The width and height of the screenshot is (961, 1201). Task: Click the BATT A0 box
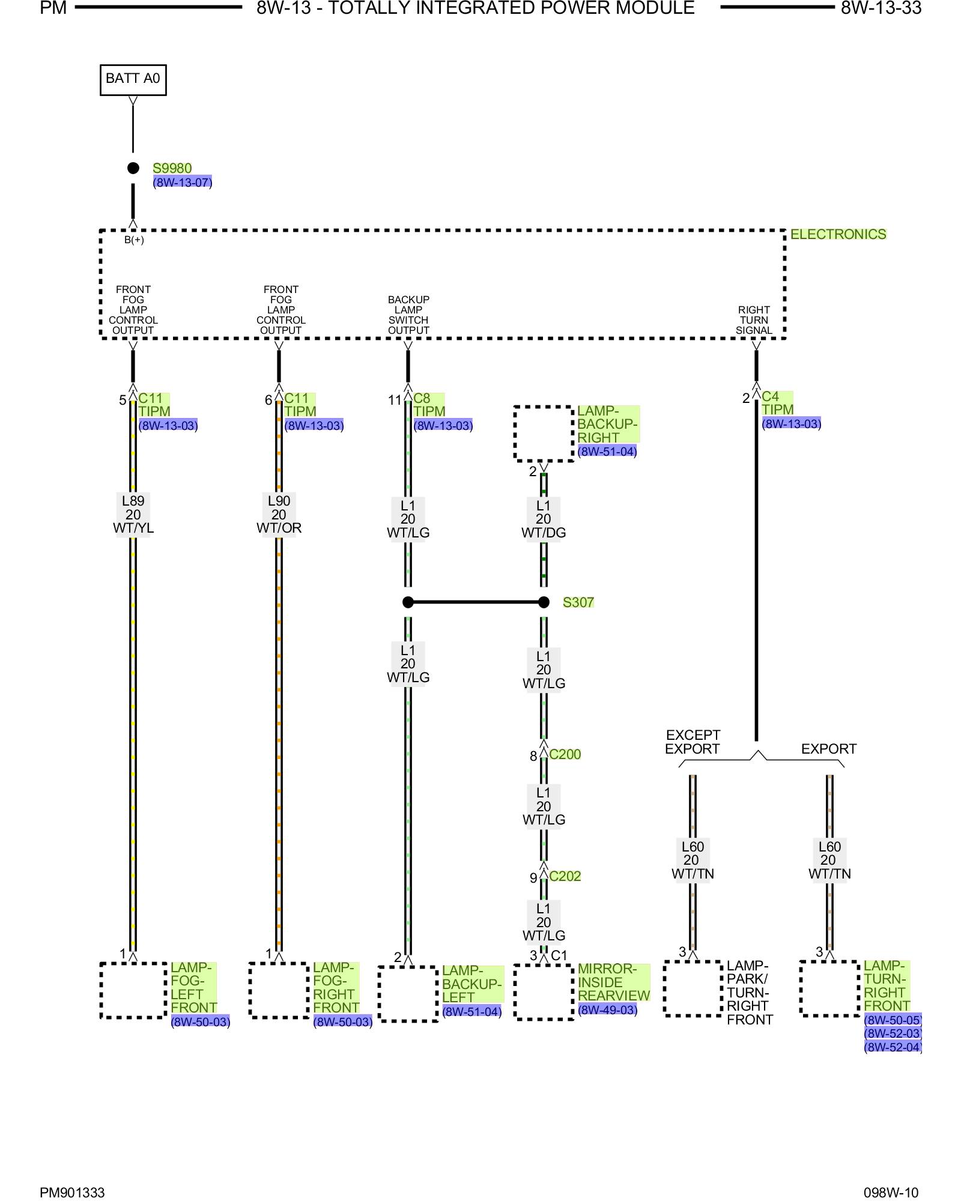(x=133, y=80)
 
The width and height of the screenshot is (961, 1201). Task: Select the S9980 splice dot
(x=133, y=168)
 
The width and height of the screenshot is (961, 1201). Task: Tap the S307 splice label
(x=578, y=602)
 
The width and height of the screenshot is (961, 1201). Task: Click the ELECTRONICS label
(x=838, y=234)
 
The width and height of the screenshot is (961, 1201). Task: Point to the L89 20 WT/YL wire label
(x=133, y=515)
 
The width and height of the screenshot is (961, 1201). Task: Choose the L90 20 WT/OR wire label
(x=279, y=515)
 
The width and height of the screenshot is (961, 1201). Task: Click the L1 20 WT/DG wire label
(x=544, y=519)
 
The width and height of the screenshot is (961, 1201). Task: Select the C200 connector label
(x=565, y=754)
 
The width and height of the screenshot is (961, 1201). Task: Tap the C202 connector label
(x=565, y=876)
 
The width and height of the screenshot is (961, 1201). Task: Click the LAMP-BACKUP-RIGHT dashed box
(x=544, y=434)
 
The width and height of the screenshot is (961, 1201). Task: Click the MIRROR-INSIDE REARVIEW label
(x=614, y=982)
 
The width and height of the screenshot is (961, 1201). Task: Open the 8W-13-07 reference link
(x=183, y=182)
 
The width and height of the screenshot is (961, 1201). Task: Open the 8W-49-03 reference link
(x=607, y=1009)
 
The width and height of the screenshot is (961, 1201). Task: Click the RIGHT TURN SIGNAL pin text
(x=754, y=320)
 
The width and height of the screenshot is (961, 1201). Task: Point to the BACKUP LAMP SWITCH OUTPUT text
(x=408, y=315)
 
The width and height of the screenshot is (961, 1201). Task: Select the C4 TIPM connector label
(x=778, y=403)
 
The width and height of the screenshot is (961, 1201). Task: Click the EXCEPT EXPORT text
(x=693, y=742)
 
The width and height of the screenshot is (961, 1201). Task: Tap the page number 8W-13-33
(x=881, y=8)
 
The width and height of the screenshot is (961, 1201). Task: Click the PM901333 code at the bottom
(x=72, y=1193)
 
